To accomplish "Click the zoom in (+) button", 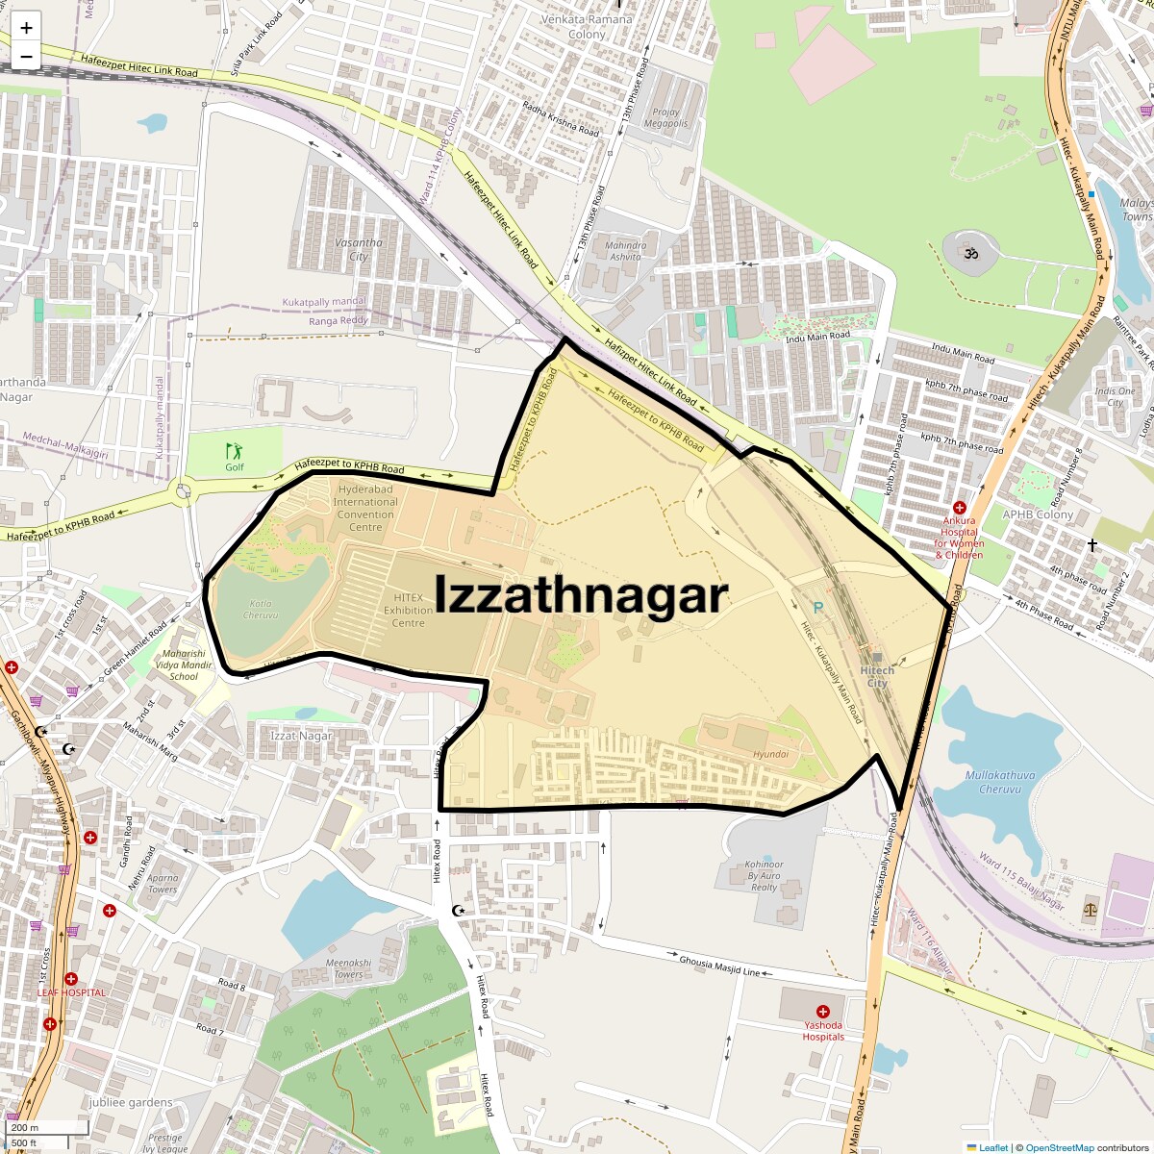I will (x=26, y=28).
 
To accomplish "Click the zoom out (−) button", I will (x=26, y=57).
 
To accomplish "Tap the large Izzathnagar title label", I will (x=581, y=594).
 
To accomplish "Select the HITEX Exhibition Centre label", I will (x=408, y=610).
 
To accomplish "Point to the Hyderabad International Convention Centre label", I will (x=365, y=508).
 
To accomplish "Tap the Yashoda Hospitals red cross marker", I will (x=822, y=1011).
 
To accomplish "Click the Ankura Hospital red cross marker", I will (x=959, y=507).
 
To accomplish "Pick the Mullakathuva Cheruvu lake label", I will (x=1000, y=782).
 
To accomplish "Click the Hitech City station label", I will (x=877, y=676).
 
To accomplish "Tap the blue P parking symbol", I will (x=818, y=608).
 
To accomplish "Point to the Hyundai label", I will (x=770, y=755).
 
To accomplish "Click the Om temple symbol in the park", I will (x=970, y=253).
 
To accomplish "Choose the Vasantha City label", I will (x=359, y=249).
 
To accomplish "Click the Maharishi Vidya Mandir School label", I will (x=184, y=665).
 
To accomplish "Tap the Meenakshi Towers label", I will (x=348, y=968).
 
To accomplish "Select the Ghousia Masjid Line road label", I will (x=719, y=966).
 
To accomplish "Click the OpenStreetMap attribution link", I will (x=1059, y=1147).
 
